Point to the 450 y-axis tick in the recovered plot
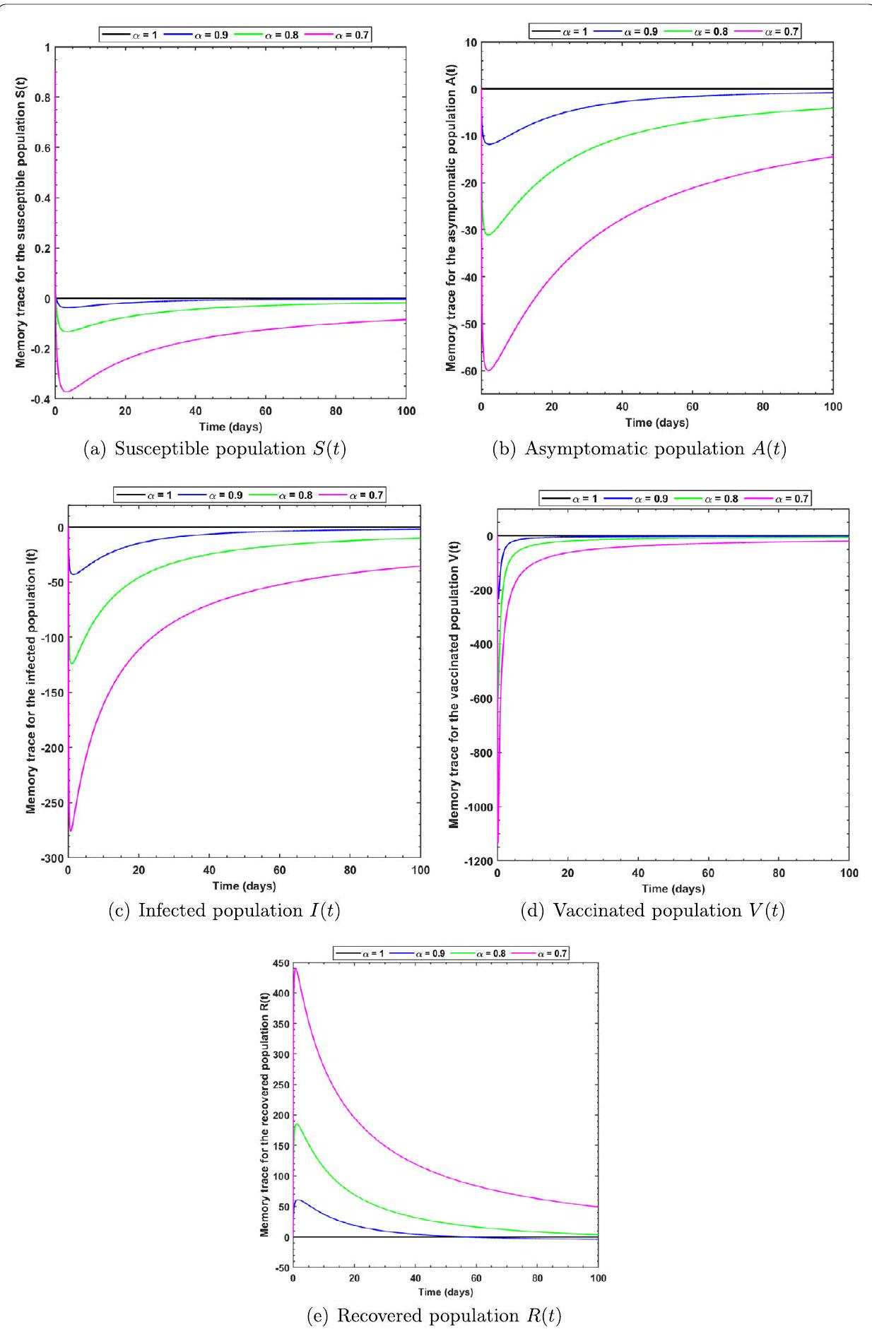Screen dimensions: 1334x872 pos(281,963)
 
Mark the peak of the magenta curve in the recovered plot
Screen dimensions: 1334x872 pos(295,968)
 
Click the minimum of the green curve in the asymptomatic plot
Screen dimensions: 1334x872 pos(488,235)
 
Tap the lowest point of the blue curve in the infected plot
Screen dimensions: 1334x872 pos(73,574)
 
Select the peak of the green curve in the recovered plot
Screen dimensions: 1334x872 pos(297,1123)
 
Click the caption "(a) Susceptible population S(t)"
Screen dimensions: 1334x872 pos(215,449)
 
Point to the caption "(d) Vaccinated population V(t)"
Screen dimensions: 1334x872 pos(652,911)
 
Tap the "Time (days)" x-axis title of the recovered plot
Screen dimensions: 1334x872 pos(445,1292)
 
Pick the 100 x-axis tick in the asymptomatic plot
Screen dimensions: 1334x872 pos(833,407)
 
